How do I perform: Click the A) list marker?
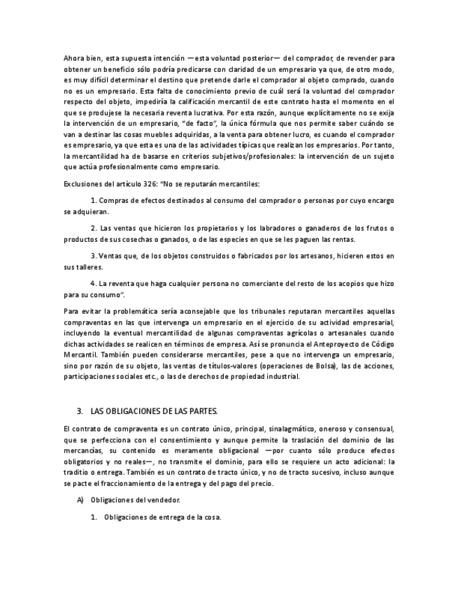80,501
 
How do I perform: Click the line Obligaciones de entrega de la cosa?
162,517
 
